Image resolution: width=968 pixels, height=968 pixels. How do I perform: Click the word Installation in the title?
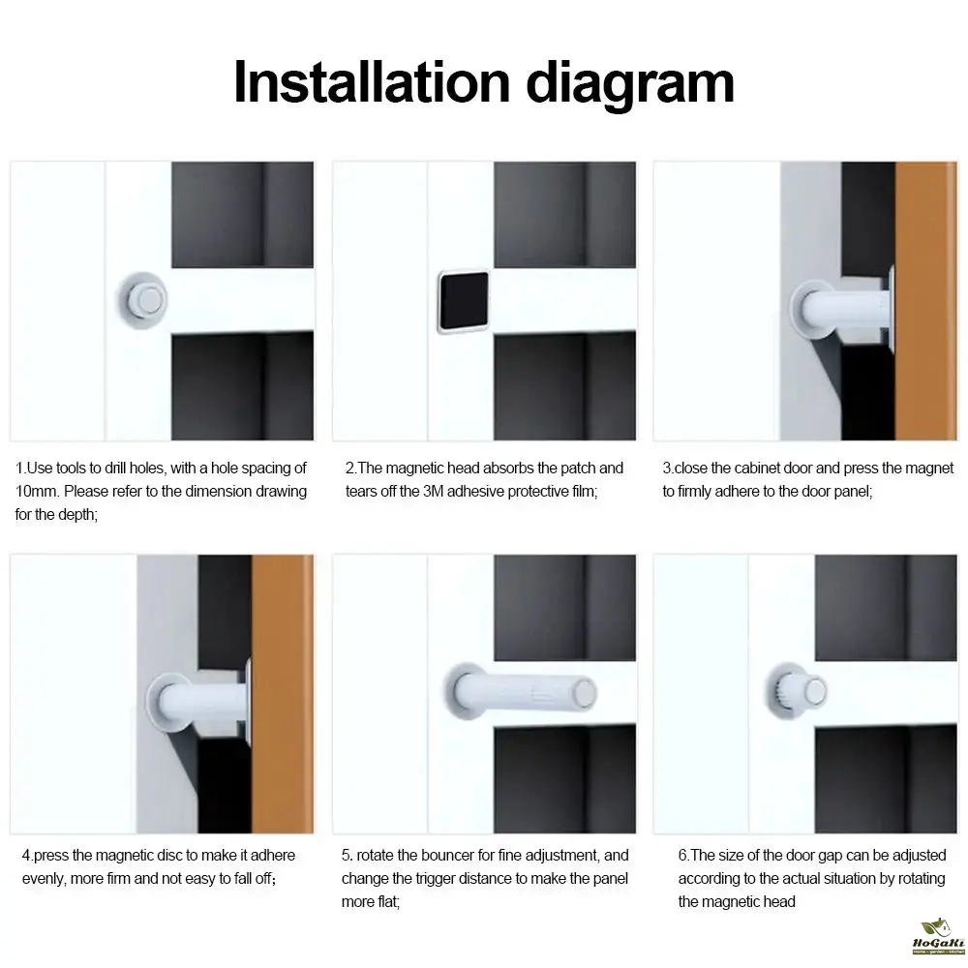click(372, 82)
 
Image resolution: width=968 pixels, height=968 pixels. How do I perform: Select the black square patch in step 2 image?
click(464, 301)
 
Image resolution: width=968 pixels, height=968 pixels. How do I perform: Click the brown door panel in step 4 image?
click(283, 693)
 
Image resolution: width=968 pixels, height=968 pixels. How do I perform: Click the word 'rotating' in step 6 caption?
click(922, 879)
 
